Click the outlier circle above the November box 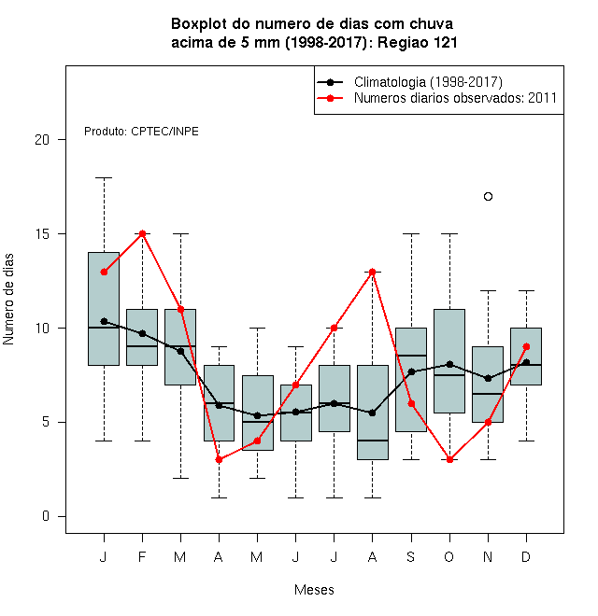[x=488, y=196]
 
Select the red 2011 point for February [x=142, y=233]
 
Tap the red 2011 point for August [x=372, y=272]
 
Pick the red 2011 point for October [x=449, y=459]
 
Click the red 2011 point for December [x=526, y=347]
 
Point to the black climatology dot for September [x=411, y=371]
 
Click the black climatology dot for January [x=104, y=321]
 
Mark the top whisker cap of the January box [x=104, y=178]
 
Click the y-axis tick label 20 [x=42, y=139]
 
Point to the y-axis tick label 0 [x=46, y=516]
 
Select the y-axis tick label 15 [x=42, y=233]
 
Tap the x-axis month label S [x=411, y=556]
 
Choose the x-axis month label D [x=526, y=556]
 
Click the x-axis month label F [x=142, y=556]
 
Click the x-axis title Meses [x=314, y=590]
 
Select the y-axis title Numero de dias [x=8, y=300]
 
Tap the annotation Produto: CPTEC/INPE [x=141, y=132]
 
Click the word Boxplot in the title [x=199, y=24]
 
